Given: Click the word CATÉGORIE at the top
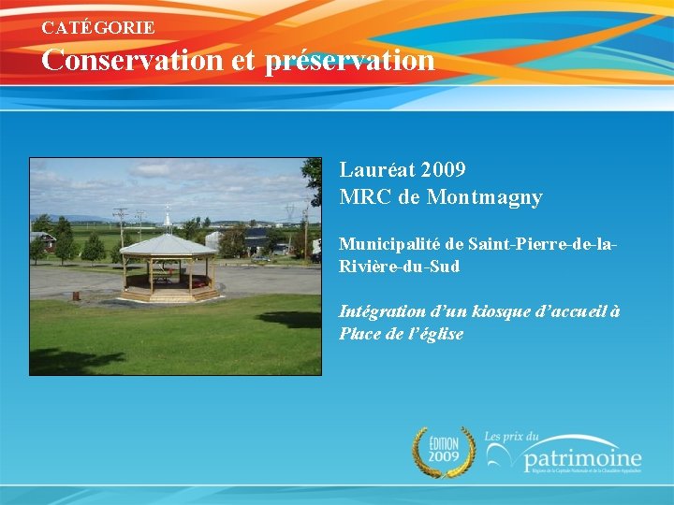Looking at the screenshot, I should (x=98, y=28).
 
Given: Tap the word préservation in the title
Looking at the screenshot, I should (x=350, y=61).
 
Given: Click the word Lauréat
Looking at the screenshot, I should (x=377, y=170).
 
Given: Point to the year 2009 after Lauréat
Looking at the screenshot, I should (x=444, y=170).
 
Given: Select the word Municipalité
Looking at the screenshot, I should (x=389, y=244).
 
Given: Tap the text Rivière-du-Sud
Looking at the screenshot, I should (x=399, y=267).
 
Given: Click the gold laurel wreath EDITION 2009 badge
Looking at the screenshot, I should (x=444, y=452).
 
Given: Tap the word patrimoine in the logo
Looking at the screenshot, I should (x=582, y=459).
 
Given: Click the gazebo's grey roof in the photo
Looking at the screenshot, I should (x=168, y=245).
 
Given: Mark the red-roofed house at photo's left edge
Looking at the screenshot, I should (x=40, y=239).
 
